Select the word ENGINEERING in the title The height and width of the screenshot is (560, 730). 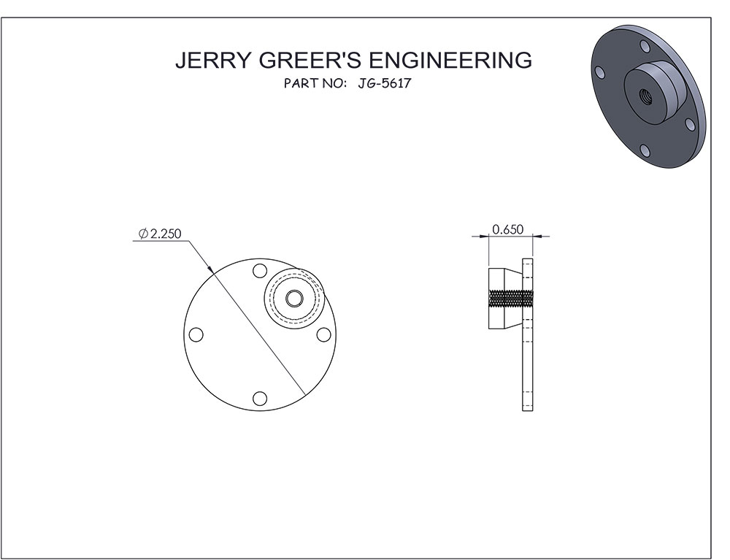coord(450,60)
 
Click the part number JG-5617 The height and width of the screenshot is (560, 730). coord(385,83)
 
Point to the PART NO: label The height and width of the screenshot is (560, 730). coord(315,83)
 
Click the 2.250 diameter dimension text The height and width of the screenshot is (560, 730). coord(166,233)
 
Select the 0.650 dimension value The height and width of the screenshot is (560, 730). coord(508,229)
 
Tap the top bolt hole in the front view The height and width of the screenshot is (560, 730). coord(260,271)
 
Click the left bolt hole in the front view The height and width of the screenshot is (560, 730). coord(196,334)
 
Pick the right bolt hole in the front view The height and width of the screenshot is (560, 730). coord(323,334)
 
